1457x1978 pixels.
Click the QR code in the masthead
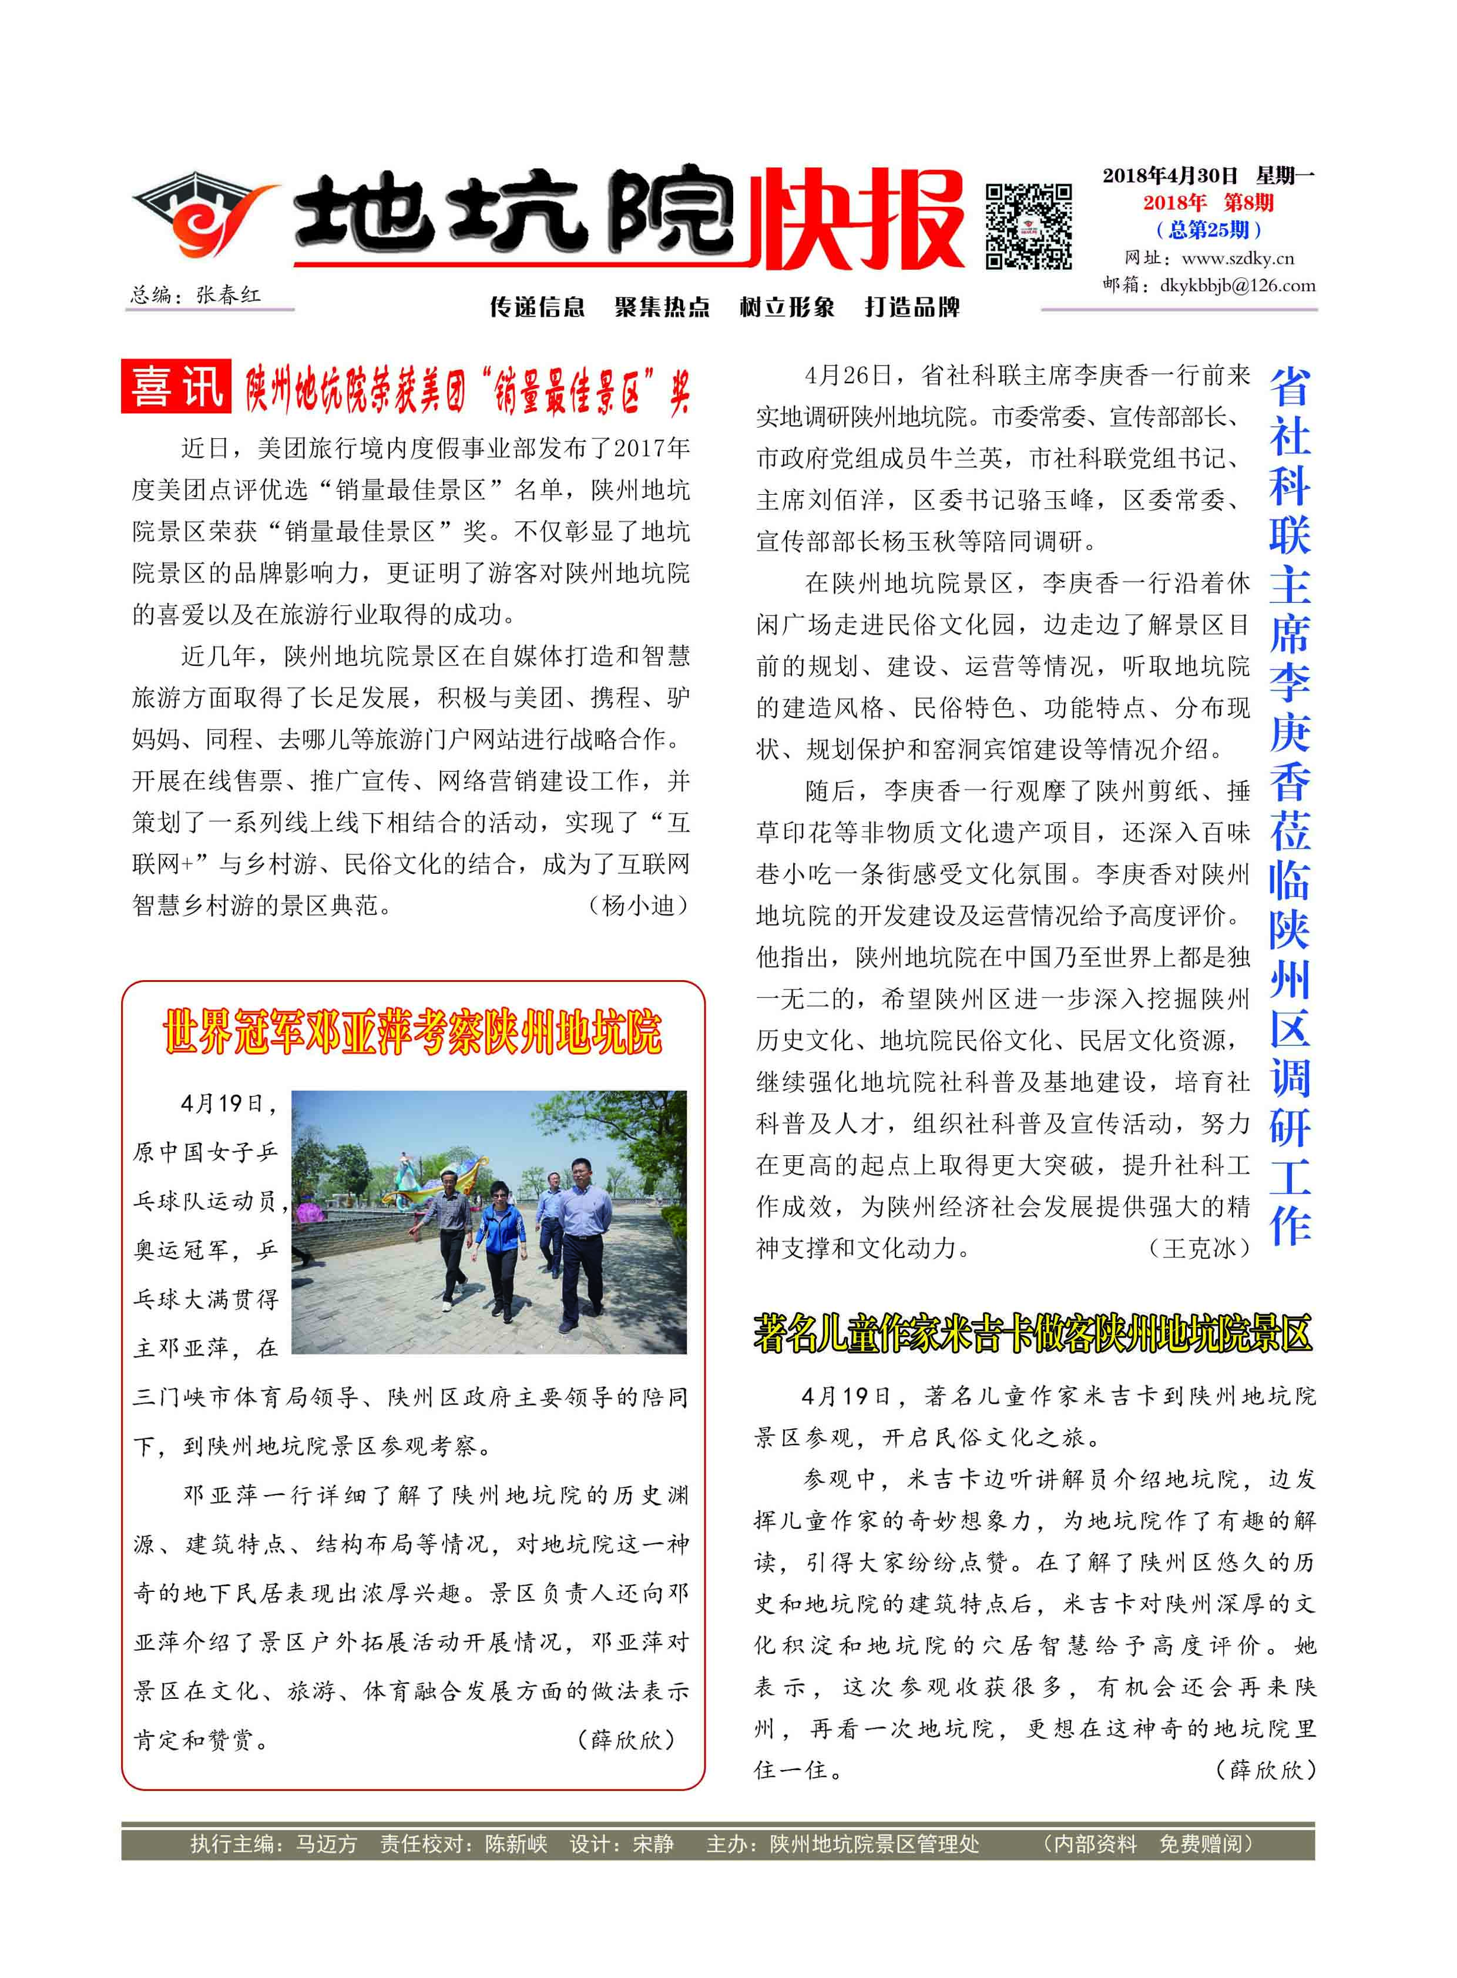click(x=1028, y=226)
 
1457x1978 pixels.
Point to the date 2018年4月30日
click(x=1170, y=176)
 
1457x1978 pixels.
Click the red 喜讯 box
click(x=176, y=387)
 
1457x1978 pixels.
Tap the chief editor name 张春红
click(x=229, y=294)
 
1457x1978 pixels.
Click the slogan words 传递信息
click(x=537, y=307)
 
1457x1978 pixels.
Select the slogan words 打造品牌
click(x=912, y=307)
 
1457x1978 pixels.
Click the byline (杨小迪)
click(x=637, y=905)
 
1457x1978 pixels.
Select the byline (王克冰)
click(x=1200, y=1248)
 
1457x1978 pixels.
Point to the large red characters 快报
click(x=855, y=220)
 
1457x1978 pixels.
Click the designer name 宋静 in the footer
click(x=653, y=1844)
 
